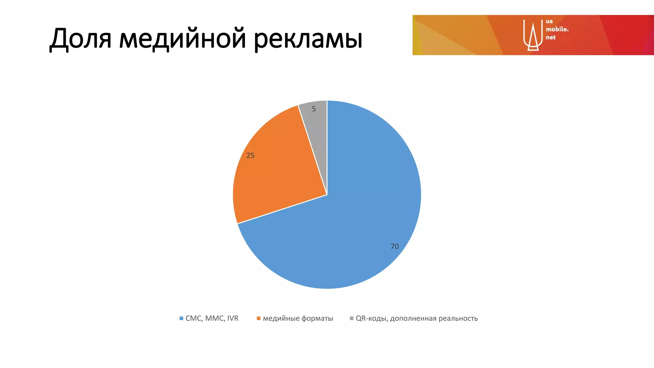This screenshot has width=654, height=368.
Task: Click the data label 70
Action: (x=395, y=246)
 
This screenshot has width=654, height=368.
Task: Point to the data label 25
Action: (x=250, y=156)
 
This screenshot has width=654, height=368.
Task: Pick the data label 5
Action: (x=314, y=109)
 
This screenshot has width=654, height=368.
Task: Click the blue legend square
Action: (x=181, y=318)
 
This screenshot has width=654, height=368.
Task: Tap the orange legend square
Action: (x=259, y=318)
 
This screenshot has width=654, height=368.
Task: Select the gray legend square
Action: (x=352, y=318)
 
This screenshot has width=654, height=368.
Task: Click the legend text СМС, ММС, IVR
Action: (x=212, y=318)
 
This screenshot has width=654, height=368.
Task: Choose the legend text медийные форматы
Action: (x=298, y=318)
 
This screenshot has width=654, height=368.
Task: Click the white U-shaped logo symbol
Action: (x=533, y=35)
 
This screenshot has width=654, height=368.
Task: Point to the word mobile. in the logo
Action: (x=557, y=29)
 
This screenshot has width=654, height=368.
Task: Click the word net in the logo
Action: (x=551, y=37)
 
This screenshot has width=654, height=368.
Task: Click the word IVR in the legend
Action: (x=233, y=318)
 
